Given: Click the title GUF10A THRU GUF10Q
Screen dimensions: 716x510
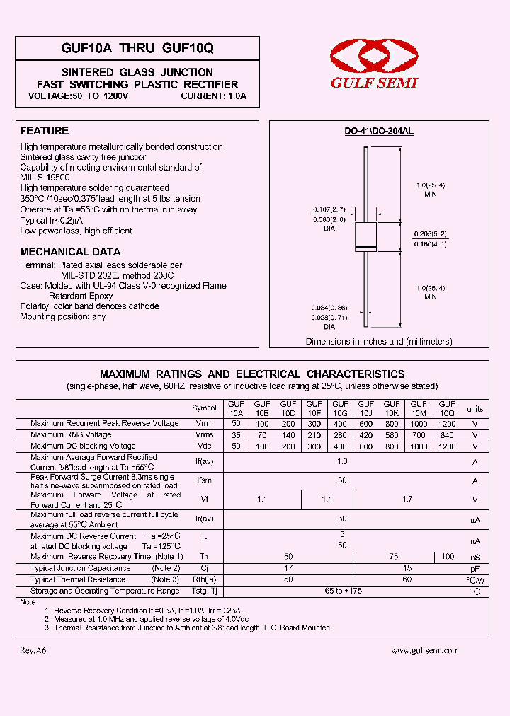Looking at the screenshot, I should click(x=137, y=48).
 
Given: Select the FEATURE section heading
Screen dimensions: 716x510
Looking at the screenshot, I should click(x=44, y=131).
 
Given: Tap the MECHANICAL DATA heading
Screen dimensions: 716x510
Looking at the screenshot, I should click(x=70, y=252).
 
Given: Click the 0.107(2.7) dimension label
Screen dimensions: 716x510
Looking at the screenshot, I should click(x=328, y=209).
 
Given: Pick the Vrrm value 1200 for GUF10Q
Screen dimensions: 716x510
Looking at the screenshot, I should click(x=447, y=423).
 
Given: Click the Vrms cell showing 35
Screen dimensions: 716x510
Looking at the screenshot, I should click(x=236, y=435).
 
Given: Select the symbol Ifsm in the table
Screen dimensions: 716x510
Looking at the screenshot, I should click(x=204, y=480).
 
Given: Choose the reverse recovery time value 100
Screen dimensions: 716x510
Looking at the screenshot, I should click(x=447, y=557).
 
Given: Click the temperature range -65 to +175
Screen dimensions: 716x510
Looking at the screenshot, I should click(x=342, y=591).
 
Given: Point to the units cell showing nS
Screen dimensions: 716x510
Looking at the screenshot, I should click(x=475, y=558).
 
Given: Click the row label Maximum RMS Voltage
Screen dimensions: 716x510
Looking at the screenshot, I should click(x=71, y=434).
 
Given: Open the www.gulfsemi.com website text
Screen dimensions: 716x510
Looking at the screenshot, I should click(x=425, y=650).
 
